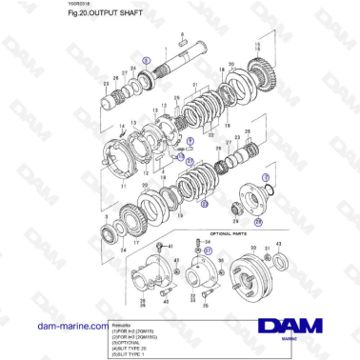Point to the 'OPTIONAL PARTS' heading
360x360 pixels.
[229, 232]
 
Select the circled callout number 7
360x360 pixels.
[266, 178]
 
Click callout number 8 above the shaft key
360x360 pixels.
[183, 35]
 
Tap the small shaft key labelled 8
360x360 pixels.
[183, 44]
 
